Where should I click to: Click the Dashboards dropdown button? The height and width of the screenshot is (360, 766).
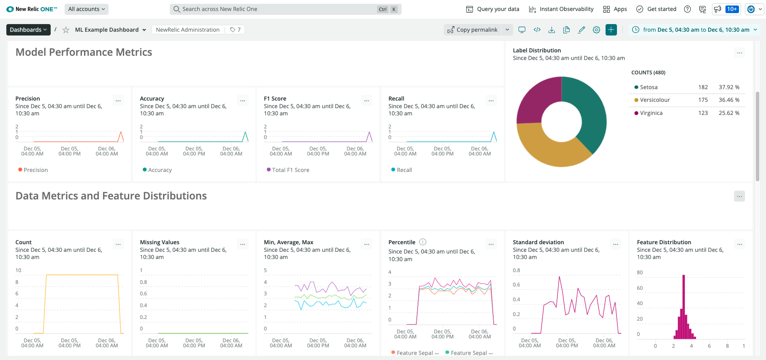(28, 30)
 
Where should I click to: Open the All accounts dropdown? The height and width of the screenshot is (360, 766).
(87, 9)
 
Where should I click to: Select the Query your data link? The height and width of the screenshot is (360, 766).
(493, 9)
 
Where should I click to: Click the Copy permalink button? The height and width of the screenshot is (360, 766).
(473, 30)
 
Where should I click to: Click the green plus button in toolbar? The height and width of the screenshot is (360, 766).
(611, 30)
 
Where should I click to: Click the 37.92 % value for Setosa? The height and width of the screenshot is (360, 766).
(729, 87)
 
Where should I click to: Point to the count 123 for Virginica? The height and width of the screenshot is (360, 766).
(703, 113)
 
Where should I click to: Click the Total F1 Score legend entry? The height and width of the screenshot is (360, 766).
(290, 170)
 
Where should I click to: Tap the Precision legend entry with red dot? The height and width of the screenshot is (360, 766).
(35, 170)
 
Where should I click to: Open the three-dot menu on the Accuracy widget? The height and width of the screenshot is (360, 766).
(242, 101)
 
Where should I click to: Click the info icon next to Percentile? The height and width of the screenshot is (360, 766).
(423, 242)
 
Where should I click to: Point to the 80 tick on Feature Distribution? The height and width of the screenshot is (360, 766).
(640, 273)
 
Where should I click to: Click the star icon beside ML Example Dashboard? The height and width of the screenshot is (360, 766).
(66, 30)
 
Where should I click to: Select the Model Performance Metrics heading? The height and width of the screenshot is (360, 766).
(84, 52)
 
